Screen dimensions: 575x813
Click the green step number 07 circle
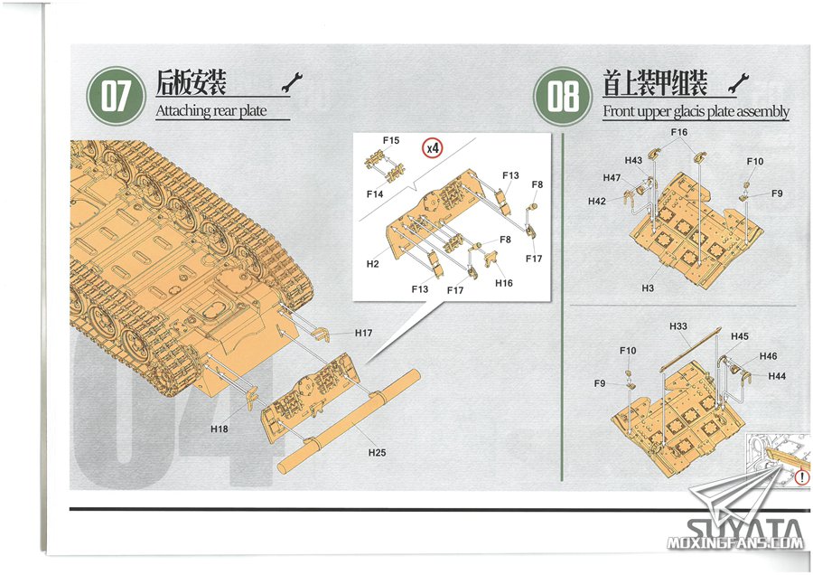pyautogui.click(x=116, y=95)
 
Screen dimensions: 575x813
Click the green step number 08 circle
pyautogui.click(x=563, y=95)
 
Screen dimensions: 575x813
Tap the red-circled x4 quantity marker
pyautogui.click(x=434, y=146)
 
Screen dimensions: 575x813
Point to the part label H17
pyautogui.click(x=364, y=334)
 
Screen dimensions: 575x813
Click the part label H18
pyautogui.click(x=219, y=429)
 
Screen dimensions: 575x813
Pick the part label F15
pyautogui.click(x=391, y=140)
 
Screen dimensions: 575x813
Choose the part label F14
pyautogui.click(x=376, y=193)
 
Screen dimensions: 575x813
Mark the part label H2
pyautogui.click(x=372, y=264)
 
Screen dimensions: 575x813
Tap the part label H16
pyautogui.click(x=504, y=283)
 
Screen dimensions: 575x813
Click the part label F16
pyautogui.click(x=679, y=132)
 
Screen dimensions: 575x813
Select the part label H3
pyautogui.click(x=648, y=287)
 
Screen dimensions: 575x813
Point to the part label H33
pyautogui.click(x=678, y=325)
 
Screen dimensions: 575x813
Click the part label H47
pyautogui.click(x=612, y=178)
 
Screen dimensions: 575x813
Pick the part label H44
pyautogui.click(x=777, y=375)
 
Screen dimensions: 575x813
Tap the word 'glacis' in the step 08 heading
pyautogui.click(x=706, y=112)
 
